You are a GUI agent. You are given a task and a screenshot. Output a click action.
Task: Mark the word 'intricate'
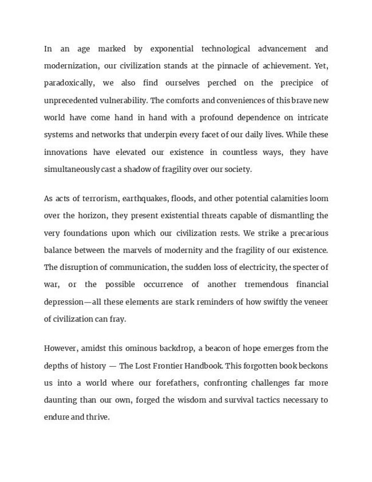click(x=309, y=117)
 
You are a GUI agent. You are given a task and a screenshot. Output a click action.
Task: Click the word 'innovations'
click(x=65, y=152)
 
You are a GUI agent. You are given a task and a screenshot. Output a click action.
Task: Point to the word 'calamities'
click(x=286, y=198)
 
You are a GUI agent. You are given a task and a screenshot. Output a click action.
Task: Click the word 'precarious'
click(x=307, y=233)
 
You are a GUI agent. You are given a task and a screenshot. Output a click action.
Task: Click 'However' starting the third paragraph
click(x=61, y=348)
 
